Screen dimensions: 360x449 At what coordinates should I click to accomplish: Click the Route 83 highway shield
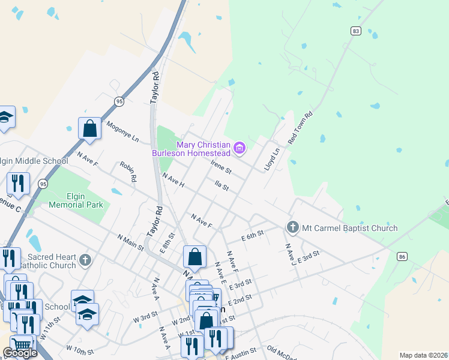point(357,31)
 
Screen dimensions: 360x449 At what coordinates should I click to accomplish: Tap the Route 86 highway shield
point(402,256)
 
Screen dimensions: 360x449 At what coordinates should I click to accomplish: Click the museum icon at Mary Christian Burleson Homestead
point(240,148)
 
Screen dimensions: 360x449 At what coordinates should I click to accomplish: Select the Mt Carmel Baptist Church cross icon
point(292,227)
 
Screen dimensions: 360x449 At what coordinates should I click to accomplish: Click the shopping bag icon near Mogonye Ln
point(89,128)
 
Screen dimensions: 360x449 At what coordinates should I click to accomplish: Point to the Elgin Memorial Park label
point(76,200)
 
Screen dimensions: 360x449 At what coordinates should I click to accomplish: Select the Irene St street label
point(221,166)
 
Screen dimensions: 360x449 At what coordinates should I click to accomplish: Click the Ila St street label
point(221,187)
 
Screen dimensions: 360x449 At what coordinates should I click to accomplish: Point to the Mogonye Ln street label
point(122,132)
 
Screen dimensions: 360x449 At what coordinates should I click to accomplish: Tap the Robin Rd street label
point(128,171)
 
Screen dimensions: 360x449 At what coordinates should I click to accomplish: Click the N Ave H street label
point(173,180)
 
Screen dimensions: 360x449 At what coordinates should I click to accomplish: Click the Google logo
point(20,353)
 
